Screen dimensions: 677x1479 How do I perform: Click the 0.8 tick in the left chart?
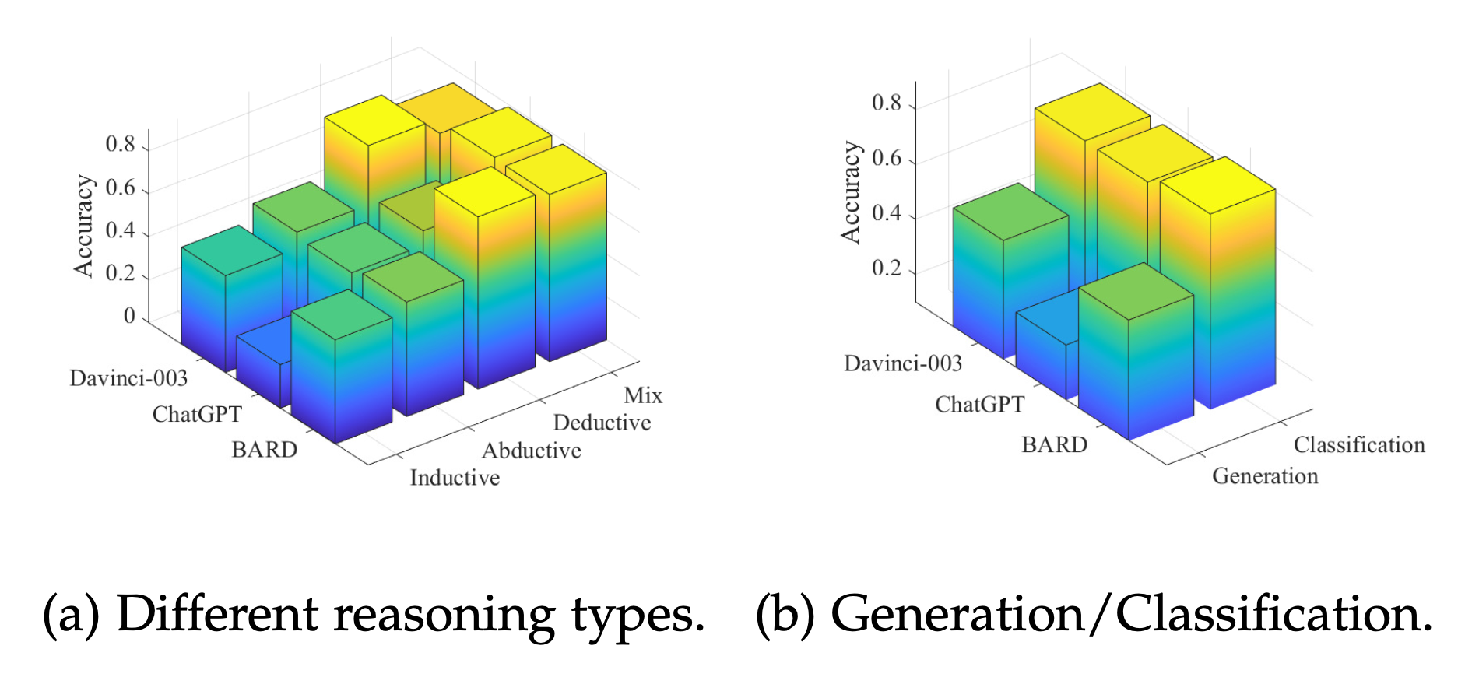tap(120, 145)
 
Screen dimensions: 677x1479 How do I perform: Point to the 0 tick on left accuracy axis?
tap(129, 317)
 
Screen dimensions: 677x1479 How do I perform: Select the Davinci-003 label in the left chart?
tap(128, 378)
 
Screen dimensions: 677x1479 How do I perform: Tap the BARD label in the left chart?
tap(264, 450)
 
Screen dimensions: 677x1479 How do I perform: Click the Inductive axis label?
tap(455, 478)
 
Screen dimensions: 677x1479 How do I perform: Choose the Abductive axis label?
tap(531, 451)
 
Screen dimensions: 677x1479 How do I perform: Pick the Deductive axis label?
tap(602, 423)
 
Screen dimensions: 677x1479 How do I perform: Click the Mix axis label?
tap(643, 395)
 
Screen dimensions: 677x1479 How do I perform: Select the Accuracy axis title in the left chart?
tap(83, 226)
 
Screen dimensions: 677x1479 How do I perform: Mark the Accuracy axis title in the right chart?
tap(851, 192)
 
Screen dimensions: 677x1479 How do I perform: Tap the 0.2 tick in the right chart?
tap(886, 268)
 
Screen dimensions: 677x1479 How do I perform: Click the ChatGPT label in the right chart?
tap(979, 405)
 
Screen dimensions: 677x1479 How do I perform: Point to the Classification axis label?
tap(1359, 445)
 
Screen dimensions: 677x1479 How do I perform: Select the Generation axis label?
tap(1265, 476)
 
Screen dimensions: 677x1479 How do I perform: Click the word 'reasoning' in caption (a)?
tap(444, 616)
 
